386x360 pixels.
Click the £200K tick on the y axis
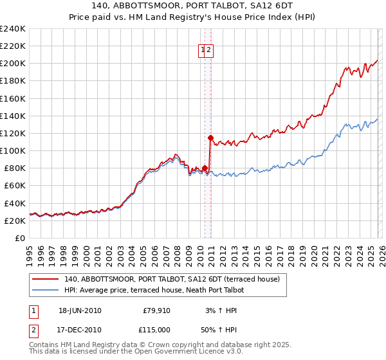[13, 64]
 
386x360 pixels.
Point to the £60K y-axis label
[15, 185]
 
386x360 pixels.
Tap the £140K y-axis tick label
[13, 116]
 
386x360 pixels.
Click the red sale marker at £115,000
[210, 138]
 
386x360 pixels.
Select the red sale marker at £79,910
[205, 168]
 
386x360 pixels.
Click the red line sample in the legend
[46, 280]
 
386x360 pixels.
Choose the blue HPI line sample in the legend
[46, 291]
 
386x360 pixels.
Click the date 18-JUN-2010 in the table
[80, 310]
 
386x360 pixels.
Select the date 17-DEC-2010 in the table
[80, 328]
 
